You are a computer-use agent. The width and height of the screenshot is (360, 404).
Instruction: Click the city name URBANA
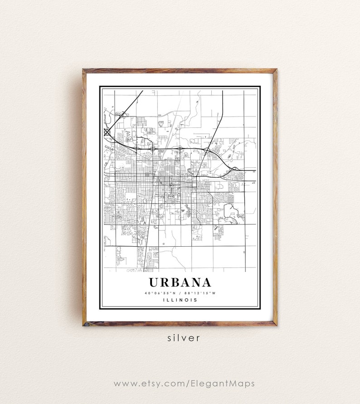point(180,282)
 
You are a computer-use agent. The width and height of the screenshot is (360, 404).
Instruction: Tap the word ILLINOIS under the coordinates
point(180,300)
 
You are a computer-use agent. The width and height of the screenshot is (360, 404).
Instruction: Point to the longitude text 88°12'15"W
point(199,292)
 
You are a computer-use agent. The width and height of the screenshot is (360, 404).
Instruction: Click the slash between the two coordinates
point(180,292)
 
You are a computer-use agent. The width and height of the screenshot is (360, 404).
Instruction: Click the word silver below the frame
point(180,338)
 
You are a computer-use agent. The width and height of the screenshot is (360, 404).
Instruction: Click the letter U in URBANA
point(154,282)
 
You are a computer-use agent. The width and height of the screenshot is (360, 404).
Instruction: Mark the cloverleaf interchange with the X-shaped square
point(107,132)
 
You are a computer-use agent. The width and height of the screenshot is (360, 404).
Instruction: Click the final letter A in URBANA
point(205,282)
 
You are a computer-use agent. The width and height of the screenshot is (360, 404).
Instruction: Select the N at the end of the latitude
point(175,292)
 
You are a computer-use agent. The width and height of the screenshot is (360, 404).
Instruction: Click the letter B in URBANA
point(175,282)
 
